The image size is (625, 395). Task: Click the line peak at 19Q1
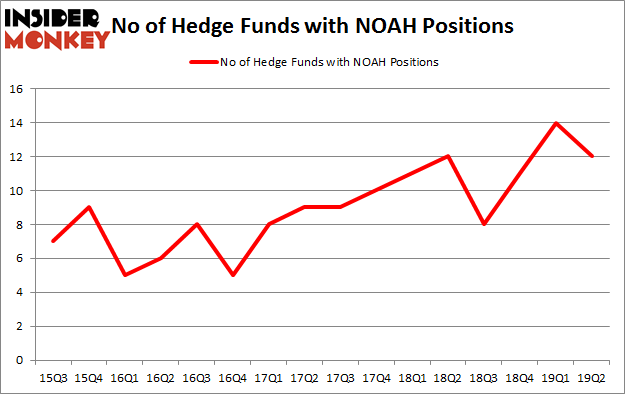tap(556, 123)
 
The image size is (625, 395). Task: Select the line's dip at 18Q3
tap(483, 224)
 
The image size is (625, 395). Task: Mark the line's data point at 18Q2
tap(448, 156)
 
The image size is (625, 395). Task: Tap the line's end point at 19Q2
tap(592, 156)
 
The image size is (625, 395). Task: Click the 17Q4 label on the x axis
tap(377, 378)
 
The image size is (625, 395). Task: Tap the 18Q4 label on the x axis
tap(520, 378)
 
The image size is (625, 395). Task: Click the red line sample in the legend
tap(203, 62)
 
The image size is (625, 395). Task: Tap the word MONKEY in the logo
tap(59, 40)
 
